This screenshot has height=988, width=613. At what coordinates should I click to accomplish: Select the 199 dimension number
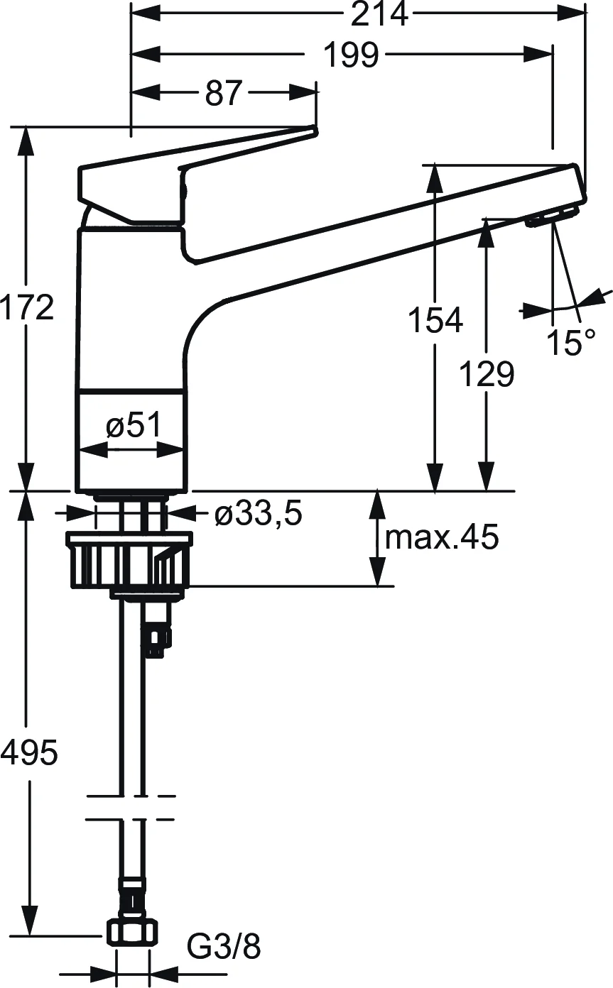(351, 55)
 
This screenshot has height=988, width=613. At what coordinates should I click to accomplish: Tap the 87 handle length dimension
(224, 93)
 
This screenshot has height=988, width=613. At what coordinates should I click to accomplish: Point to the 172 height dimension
(27, 307)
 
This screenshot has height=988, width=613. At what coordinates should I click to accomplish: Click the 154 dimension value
(435, 320)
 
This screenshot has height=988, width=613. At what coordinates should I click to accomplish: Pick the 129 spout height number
(486, 374)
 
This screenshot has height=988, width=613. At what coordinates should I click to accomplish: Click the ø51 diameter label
(134, 426)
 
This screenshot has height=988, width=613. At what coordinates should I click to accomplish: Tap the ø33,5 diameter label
(259, 514)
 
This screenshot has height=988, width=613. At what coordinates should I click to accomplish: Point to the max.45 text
(441, 538)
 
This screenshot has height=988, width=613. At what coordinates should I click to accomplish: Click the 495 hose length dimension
(28, 752)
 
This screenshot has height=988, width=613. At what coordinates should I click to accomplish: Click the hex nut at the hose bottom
(133, 932)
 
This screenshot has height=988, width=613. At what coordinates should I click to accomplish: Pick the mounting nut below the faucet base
(129, 561)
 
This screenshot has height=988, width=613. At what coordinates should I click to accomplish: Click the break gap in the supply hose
(132, 807)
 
